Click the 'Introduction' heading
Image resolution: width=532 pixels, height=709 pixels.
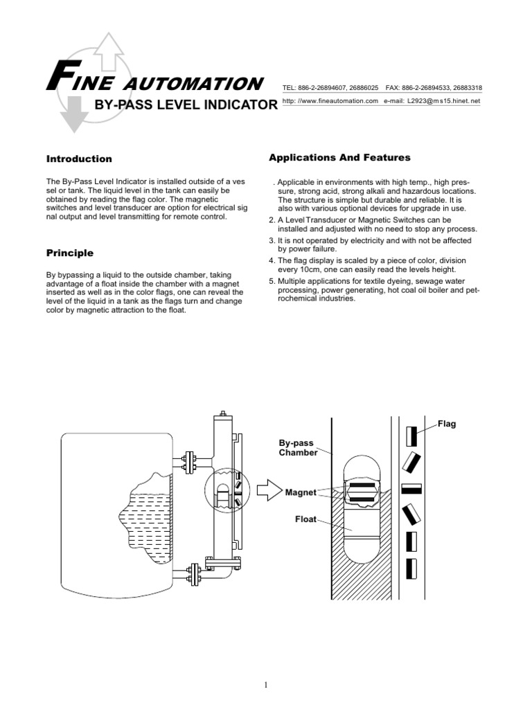pyautogui.click(x=79, y=159)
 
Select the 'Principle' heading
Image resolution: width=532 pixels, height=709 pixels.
pyautogui.click(x=69, y=253)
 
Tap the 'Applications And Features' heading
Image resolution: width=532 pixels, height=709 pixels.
pyautogui.click(x=339, y=159)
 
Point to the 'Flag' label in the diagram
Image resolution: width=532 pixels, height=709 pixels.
pyautogui.click(x=446, y=424)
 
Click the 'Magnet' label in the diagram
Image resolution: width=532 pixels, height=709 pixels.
pyautogui.click(x=301, y=493)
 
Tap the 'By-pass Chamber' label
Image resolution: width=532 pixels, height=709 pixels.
pyautogui.click(x=298, y=447)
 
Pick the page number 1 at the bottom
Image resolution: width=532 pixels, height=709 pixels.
pyautogui.click(x=266, y=685)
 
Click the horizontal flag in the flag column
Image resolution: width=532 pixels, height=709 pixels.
pyautogui.click(x=411, y=488)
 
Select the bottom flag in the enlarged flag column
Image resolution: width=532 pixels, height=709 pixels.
pyautogui.click(x=411, y=567)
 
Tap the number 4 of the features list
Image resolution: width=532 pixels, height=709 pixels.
pyautogui.click(x=272, y=260)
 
